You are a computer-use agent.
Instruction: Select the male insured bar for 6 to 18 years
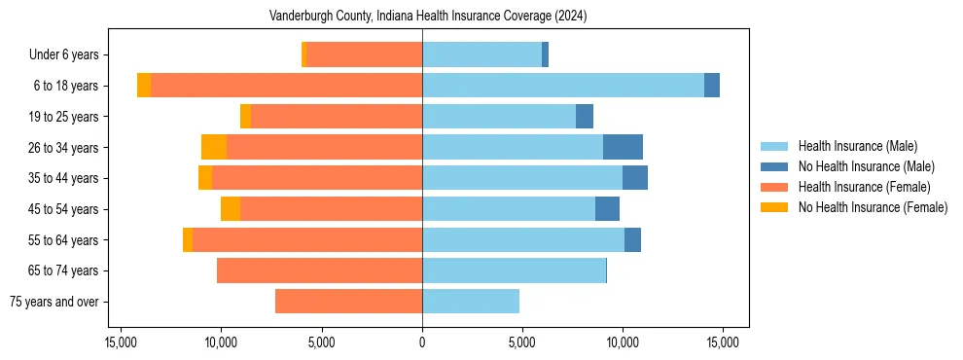[563, 85]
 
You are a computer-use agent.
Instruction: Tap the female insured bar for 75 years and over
[348, 302]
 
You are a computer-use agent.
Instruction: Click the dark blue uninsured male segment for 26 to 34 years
[623, 147]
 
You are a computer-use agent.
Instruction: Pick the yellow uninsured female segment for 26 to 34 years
[214, 147]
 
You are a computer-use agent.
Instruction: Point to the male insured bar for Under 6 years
[481, 54]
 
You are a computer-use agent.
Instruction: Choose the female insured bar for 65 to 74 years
[319, 270]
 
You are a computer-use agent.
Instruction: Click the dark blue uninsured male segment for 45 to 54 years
[607, 208]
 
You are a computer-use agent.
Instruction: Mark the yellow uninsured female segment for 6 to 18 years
[144, 85]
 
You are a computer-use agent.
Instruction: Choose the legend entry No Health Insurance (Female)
[873, 207]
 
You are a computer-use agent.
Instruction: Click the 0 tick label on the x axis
[422, 342]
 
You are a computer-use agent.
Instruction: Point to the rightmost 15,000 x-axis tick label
[722, 342]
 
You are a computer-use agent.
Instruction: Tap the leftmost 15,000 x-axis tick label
[121, 342]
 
